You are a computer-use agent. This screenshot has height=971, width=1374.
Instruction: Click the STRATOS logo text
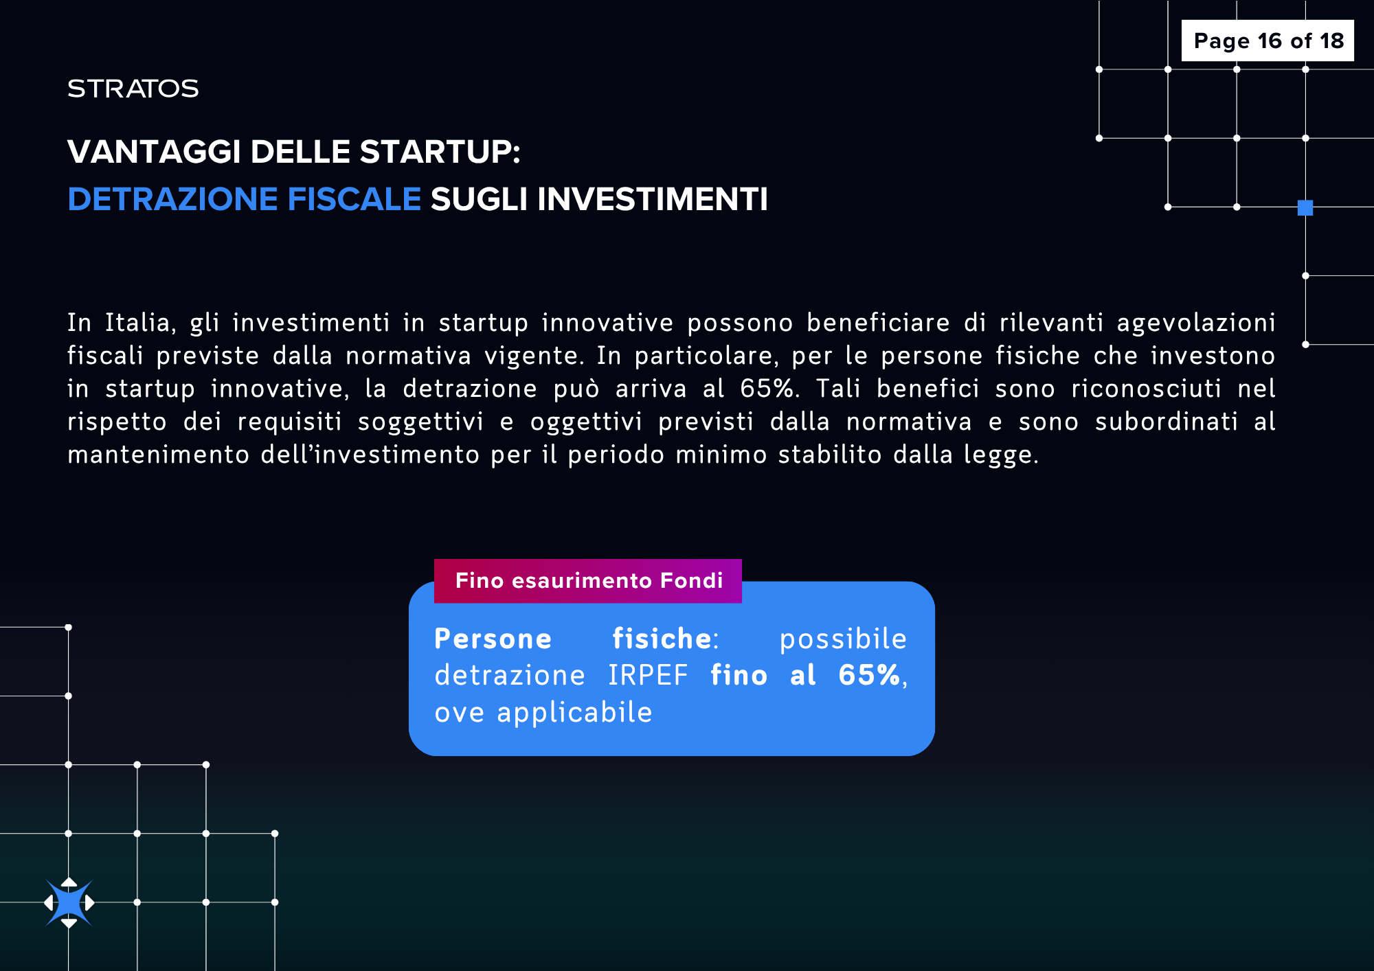(x=133, y=89)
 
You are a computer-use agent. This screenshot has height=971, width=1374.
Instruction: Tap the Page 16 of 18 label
(x=1268, y=41)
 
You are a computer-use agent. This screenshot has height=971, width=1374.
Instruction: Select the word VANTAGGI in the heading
(x=155, y=152)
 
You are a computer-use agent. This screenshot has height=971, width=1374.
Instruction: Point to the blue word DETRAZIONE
(x=172, y=199)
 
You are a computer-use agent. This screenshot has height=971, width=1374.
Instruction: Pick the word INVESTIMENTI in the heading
(x=653, y=199)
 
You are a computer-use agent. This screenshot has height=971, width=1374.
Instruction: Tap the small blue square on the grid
(x=1305, y=207)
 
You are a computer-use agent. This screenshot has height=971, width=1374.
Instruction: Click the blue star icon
(x=69, y=902)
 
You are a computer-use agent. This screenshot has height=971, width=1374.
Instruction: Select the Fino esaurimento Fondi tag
(x=588, y=581)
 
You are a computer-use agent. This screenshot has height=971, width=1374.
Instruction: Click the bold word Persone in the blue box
(x=493, y=639)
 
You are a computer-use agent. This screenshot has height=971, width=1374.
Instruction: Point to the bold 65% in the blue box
(x=869, y=675)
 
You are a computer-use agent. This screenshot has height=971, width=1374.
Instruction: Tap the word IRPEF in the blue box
(x=648, y=676)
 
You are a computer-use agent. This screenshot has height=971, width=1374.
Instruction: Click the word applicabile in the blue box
(x=574, y=713)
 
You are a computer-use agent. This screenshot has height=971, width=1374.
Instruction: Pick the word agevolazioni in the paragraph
(x=1196, y=323)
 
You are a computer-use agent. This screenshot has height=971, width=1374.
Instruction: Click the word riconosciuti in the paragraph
(x=1147, y=389)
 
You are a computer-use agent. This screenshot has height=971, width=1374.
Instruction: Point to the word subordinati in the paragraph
(x=1167, y=422)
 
